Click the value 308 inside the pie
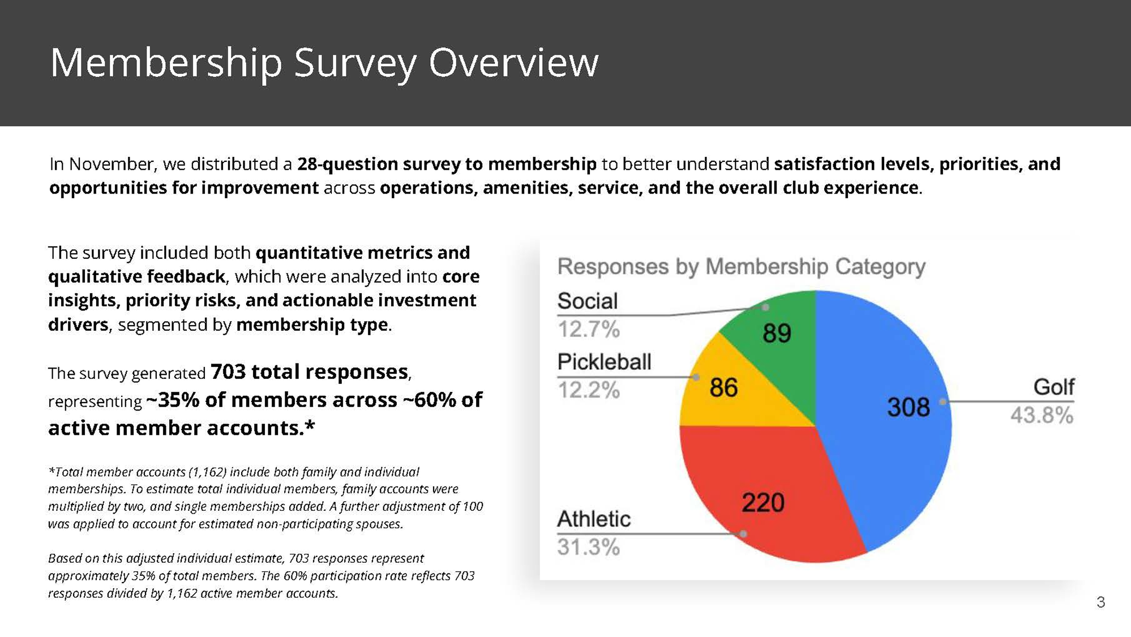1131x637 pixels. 908,407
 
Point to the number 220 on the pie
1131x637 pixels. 762,503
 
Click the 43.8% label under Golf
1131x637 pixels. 1042,416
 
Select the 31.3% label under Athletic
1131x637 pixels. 588,548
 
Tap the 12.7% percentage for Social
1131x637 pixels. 588,330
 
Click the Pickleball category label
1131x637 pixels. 604,362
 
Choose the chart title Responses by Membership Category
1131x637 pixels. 741,267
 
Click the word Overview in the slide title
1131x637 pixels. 513,62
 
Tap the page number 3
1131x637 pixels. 1100,602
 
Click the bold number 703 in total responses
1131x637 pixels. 228,372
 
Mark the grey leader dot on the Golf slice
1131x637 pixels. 942,401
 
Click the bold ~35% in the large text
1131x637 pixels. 173,400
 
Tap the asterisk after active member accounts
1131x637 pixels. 310,426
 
